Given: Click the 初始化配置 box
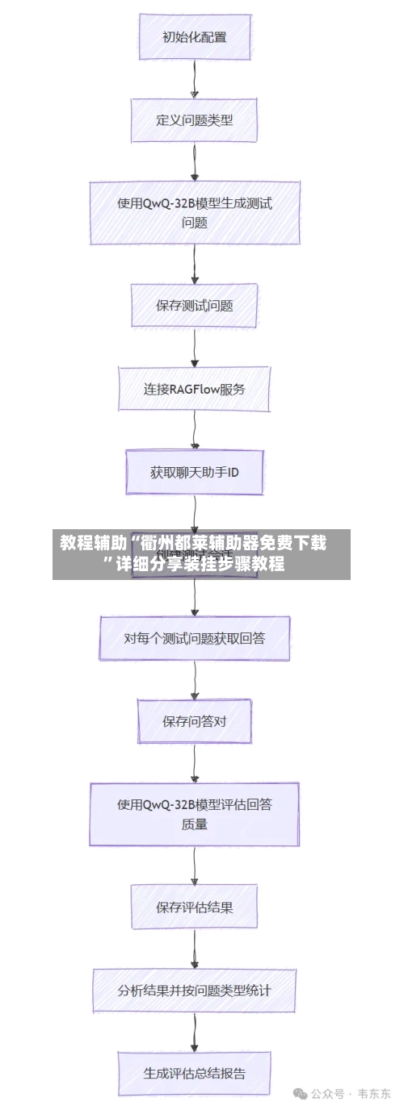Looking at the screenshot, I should pyautogui.click(x=194, y=36).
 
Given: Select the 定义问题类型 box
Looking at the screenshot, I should pyautogui.click(x=194, y=119).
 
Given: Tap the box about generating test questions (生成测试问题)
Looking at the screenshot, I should pyautogui.click(x=194, y=213).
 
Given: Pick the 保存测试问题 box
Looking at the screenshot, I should pyautogui.click(x=194, y=306).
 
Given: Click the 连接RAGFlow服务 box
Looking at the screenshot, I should pyautogui.click(x=194, y=389).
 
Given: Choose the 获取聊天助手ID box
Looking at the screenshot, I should pyautogui.click(x=194, y=472).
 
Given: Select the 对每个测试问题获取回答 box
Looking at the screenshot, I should pyautogui.click(x=194, y=638).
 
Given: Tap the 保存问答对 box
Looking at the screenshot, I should pyautogui.click(x=194, y=721).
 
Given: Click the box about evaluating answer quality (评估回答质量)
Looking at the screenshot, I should pyautogui.click(x=194, y=814).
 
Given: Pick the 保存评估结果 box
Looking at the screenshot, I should pyautogui.click(x=194, y=908).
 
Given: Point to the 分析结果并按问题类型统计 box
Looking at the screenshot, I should pyautogui.click(x=194, y=990).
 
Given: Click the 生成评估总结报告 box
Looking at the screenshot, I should pyautogui.click(x=194, y=1073).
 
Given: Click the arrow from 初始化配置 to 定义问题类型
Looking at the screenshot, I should pyautogui.click(x=194, y=78).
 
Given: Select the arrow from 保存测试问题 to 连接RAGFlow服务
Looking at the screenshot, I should pyautogui.click(x=194, y=347).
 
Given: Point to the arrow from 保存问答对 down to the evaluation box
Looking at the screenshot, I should pyautogui.click(x=194, y=762).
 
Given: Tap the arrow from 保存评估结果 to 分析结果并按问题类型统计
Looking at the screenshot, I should pyautogui.click(x=194, y=949).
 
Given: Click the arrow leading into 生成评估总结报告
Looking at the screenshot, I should pyautogui.click(x=194, y=1032).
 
